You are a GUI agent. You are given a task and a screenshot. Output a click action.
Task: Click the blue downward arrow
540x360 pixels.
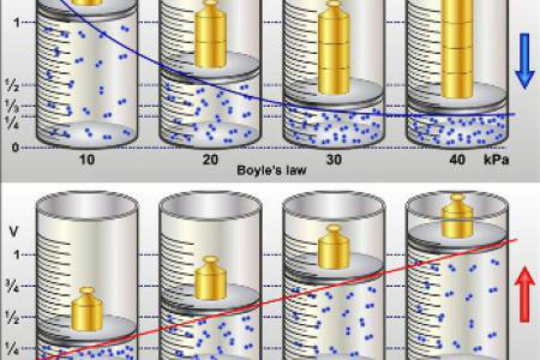pyautogui.click(x=525, y=61)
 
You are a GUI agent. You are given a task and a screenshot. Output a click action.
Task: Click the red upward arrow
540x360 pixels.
pyautogui.click(x=525, y=295)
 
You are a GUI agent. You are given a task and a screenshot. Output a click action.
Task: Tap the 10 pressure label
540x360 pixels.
pyautogui.click(x=86, y=159)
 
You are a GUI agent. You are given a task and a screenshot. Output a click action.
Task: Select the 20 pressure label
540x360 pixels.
pyautogui.click(x=210, y=159)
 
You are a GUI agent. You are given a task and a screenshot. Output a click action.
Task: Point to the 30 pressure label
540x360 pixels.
pyautogui.click(x=334, y=159)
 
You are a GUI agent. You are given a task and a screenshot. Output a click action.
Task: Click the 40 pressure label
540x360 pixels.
pyautogui.click(x=457, y=159)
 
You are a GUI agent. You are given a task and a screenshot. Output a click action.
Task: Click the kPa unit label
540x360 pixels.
pyautogui.click(x=496, y=159)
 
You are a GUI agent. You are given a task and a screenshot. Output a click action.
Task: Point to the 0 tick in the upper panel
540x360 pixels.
pyautogui.click(x=15, y=147)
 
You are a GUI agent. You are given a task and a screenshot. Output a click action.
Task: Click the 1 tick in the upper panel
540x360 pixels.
pyautogui.click(x=16, y=22)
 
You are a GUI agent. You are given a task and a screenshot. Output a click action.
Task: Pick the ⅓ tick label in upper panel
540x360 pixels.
pyautogui.click(x=12, y=105)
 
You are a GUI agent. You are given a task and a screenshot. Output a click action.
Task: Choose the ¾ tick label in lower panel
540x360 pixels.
pyautogui.click(x=12, y=286)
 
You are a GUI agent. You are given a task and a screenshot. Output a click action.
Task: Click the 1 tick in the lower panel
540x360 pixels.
pyautogui.click(x=16, y=254)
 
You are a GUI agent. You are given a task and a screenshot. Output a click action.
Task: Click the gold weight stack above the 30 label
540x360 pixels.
pyautogui.click(x=333, y=47)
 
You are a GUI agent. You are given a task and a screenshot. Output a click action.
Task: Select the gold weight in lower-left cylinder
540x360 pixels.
pyautogui.click(x=87, y=309)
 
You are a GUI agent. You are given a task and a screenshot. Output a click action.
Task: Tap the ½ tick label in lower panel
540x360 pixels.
pyautogui.click(x=12, y=317)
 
